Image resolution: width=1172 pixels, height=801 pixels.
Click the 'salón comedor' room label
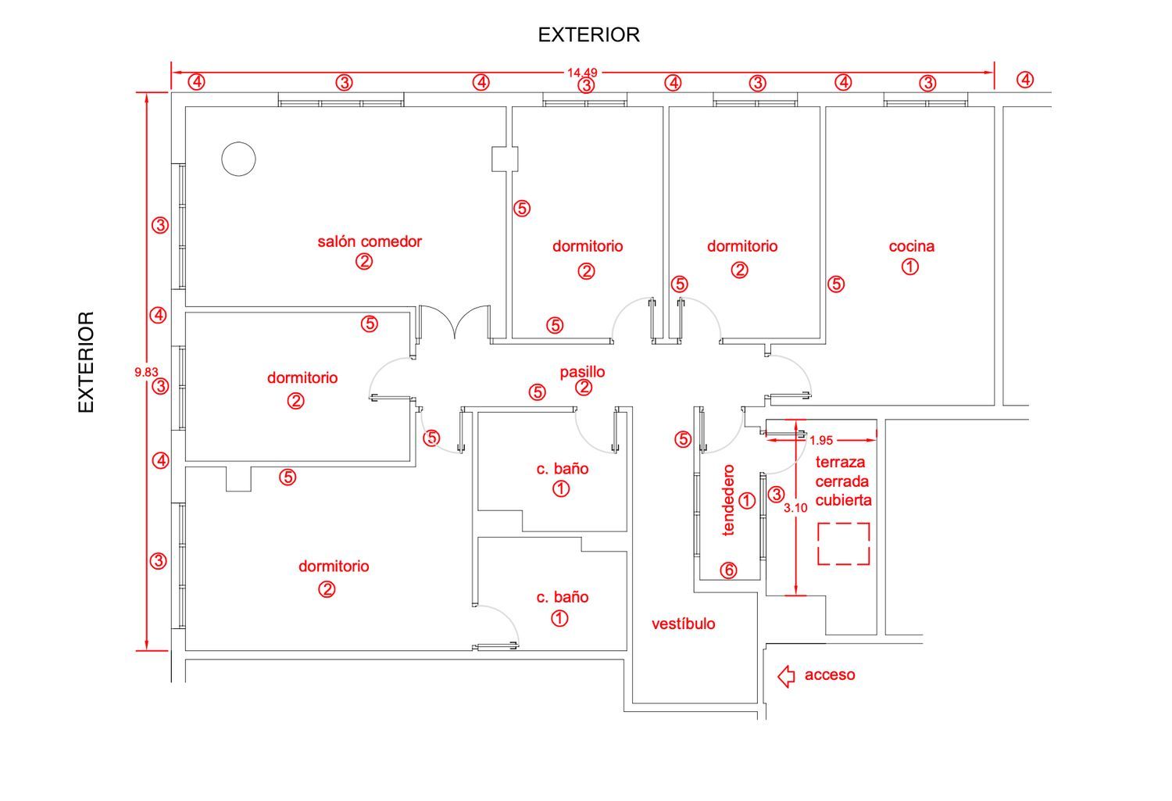[x=370, y=241]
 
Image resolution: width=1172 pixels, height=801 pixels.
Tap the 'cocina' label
[x=912, y=246]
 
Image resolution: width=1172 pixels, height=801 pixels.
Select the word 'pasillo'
[x=582, y=372]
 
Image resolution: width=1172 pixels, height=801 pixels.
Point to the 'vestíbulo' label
[x=684, y=624]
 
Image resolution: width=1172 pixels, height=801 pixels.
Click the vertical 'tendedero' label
[x=728, y=500]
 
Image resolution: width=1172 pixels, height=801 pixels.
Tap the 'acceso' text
[x=830, y=675]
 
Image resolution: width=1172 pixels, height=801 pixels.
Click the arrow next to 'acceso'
[x=786, y=676]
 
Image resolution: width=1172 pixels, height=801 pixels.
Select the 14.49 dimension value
[x=582, y=73]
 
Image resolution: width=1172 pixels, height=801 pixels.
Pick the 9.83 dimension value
[x=146, y=372]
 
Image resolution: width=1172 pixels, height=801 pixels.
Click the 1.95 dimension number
[x=821, y=441]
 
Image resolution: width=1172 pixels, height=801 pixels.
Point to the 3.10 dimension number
[x=795, y=507]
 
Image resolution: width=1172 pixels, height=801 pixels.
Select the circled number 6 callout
[x=729, y=570]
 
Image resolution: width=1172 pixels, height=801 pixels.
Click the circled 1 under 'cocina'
[x=910, y=266]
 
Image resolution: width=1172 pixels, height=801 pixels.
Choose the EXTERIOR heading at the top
[x=588, y=35]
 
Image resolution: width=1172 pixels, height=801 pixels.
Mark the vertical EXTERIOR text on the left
[x=86, y=362]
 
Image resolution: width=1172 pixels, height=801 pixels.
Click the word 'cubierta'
[x=843, y=501]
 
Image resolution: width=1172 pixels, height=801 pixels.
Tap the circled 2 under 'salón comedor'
[x=364, y=261]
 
